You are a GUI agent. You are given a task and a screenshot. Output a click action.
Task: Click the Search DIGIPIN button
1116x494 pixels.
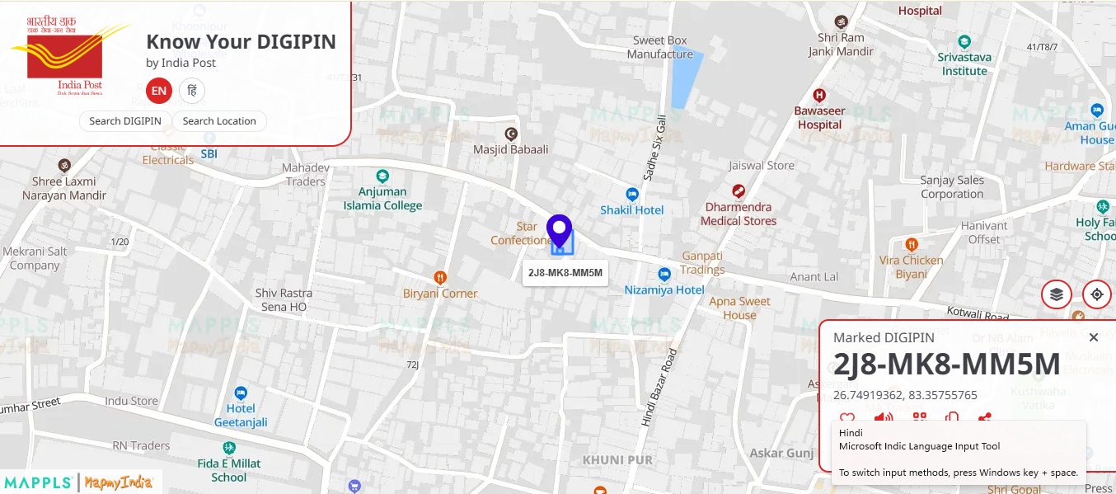125,121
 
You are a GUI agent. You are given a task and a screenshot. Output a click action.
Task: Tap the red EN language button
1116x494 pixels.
158,91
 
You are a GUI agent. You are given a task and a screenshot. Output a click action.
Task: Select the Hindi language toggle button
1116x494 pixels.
192,91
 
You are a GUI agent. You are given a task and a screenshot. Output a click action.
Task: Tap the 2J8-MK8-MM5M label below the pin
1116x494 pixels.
565,273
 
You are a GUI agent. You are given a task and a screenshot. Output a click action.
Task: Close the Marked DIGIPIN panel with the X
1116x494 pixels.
1094,337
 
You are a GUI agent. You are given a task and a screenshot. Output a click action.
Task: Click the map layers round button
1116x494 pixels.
1057,294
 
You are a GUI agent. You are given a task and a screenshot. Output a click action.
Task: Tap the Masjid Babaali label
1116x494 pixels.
510,149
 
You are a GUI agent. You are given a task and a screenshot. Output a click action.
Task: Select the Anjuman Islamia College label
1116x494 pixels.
382,199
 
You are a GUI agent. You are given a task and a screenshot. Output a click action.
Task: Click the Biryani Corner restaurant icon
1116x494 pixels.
440,278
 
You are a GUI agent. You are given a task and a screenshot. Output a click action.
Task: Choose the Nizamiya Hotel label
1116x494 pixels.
664,289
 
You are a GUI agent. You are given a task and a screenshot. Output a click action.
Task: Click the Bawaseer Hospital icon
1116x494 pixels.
818,96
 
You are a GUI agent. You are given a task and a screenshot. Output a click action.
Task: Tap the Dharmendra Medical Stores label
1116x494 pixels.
739,214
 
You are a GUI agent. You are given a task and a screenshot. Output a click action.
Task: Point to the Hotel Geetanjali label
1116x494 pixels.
241,415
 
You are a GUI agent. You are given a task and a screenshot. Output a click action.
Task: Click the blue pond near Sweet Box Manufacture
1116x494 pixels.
687,79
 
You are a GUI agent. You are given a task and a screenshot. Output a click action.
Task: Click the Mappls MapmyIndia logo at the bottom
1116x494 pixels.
81,482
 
